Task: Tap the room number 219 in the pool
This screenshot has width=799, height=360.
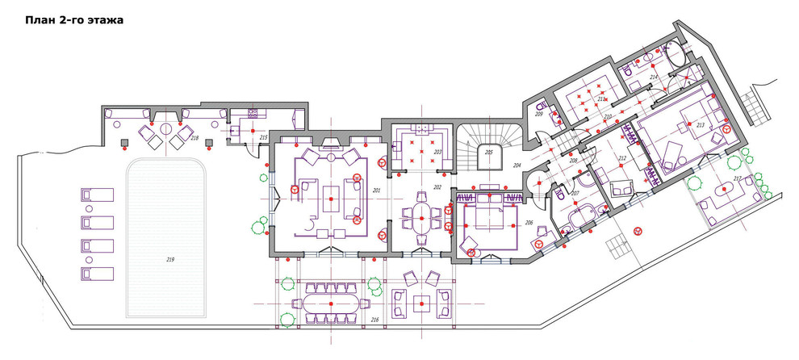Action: pyautogui.click(x=170, y=259)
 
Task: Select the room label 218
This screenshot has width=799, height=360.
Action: pyautogui.click(x=194, y=138)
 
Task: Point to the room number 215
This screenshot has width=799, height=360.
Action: pyautogui.click(x=262, y=138)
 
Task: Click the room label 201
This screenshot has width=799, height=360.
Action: pyautogui.click(x=375, y=190)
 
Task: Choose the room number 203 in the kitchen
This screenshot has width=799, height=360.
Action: pyautogui.click(x=437, y=152)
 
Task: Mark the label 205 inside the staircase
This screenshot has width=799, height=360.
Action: pyautogui.click(x=488, y=152)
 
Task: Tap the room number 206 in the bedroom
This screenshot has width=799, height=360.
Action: pyautogui.click(x=529, y=222)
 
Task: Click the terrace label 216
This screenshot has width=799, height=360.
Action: pyautogui.click(x=374, y=320)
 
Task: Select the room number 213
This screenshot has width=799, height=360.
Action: pyautogui.click(x=700, y=125)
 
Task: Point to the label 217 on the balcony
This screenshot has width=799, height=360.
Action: pyautogui.click(x=737, y=178)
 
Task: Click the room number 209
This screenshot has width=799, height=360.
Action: pyautogui.click(x=539, y=115)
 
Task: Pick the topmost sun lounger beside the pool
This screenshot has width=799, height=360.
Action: pyautogui.click(x=97, y=195)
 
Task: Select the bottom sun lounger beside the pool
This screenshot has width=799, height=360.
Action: pyautogui.click(x=97, y=272)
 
